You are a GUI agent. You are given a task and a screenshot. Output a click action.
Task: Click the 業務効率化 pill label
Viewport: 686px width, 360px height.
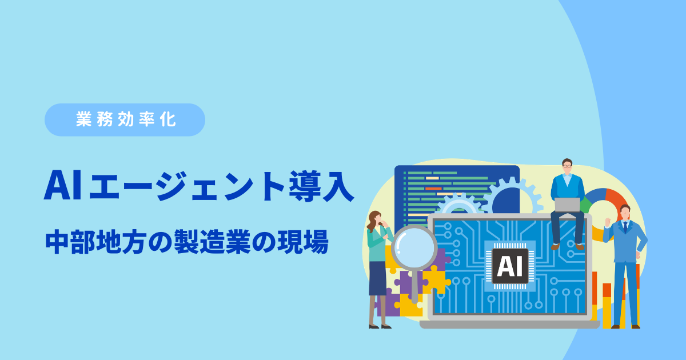pos(125,119)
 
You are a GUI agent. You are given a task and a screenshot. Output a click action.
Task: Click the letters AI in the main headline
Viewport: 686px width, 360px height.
pos(63,186)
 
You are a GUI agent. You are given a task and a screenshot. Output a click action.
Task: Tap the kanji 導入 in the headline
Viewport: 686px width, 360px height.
pos(321,186)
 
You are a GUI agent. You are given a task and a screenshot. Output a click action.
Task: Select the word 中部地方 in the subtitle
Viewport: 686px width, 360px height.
pos(95,242)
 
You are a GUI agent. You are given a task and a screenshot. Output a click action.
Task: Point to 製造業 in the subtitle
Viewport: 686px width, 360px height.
pos(212,242)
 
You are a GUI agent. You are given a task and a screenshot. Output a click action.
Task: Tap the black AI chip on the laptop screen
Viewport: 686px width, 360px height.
pos(510,266)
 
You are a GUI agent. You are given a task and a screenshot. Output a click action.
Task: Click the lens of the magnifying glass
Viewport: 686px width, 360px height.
pos(414,247)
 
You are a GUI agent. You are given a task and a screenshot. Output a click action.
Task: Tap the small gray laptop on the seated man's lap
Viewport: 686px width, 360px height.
pos(567,205)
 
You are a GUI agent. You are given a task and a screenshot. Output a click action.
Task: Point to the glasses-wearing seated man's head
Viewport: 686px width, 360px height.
pos(567,166)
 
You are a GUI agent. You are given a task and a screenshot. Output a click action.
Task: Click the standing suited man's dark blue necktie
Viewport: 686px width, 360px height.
pos(625,227)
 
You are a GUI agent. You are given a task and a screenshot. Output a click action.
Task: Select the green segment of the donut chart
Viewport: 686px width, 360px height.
pos(585,205)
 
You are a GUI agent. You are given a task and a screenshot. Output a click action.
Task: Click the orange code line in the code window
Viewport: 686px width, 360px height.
pos(433,189)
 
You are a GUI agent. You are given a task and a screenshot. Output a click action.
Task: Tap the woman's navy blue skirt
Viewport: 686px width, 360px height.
pos(378,278)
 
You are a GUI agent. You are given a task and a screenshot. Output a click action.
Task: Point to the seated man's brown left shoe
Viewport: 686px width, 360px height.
pos(555,246)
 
